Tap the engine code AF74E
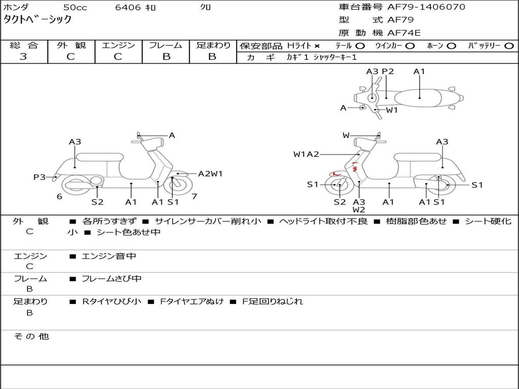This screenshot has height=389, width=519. pos(404,33)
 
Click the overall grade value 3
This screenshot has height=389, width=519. pos(23,57)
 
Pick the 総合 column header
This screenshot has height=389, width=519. pos(24,45)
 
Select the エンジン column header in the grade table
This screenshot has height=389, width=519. pos(118,45)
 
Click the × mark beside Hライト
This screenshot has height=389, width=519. pos(317,46)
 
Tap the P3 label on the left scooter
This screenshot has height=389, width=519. pos(40,177)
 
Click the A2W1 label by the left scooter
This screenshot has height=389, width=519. pos(210,174)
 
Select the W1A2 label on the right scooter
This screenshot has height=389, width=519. pos(306,154)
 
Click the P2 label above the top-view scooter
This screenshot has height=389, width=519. pos(388,71)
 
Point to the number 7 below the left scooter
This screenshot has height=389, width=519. pos(195,196)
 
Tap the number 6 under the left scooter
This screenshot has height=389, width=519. pos(59,196)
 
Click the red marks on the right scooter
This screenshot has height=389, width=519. pos(355,168)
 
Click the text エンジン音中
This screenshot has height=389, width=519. pos(109,256)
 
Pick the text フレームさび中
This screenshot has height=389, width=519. pos(112,279)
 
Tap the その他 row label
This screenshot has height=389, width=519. pos(31,336)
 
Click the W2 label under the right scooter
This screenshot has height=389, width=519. pos(359,210)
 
